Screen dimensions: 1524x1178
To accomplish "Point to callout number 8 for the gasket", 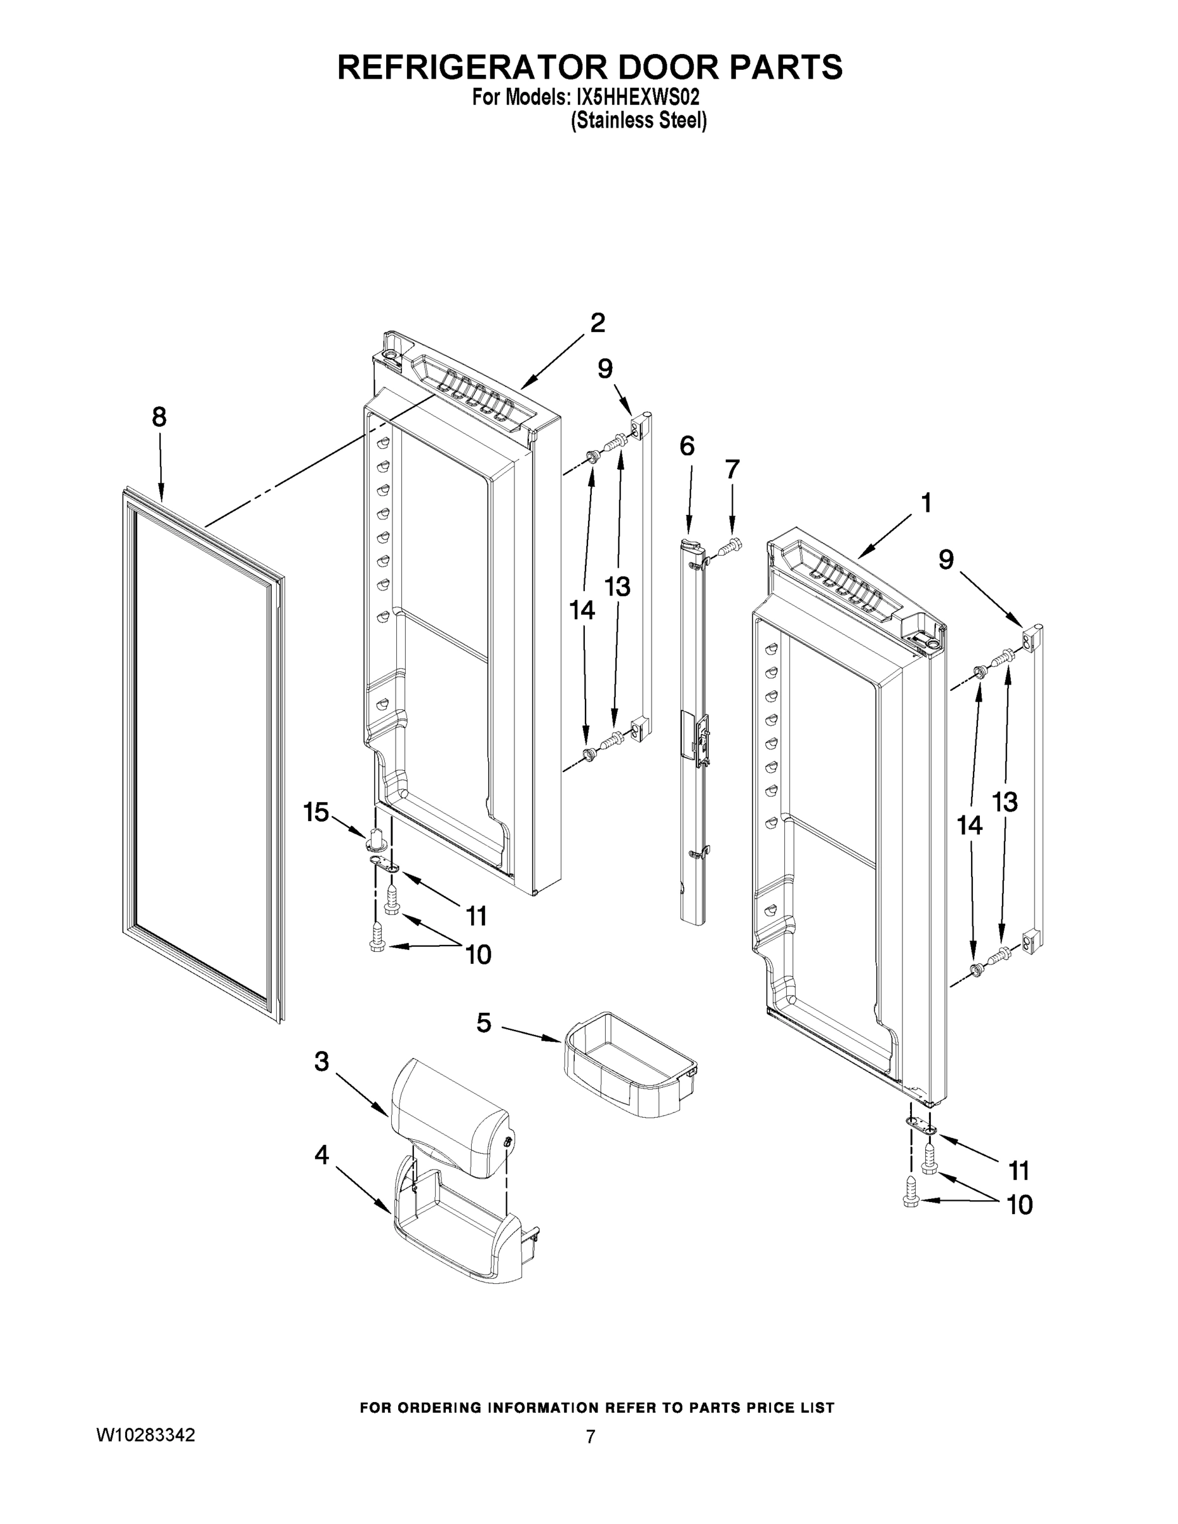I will (x=159, y=417).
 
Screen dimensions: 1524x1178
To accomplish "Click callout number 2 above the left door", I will (x=598, y=323).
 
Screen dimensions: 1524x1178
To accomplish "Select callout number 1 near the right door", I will (x=926, y=503).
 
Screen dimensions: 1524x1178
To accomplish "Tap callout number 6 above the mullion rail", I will (x=686, y=446).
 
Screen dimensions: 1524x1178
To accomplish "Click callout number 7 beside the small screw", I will (x=732, y=470).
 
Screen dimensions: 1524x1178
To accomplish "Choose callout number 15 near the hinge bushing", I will (x=316, y=812).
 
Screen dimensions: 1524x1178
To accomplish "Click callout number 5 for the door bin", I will (x=484, y=1023).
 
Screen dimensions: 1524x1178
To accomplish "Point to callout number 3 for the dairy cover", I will (x=321, y=1061).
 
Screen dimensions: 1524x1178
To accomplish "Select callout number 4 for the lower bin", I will (x=321, y=1156).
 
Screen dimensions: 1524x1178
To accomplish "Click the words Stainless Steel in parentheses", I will (x=639, y=121).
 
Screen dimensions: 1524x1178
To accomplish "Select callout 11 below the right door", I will (x=1019, y=1170).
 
